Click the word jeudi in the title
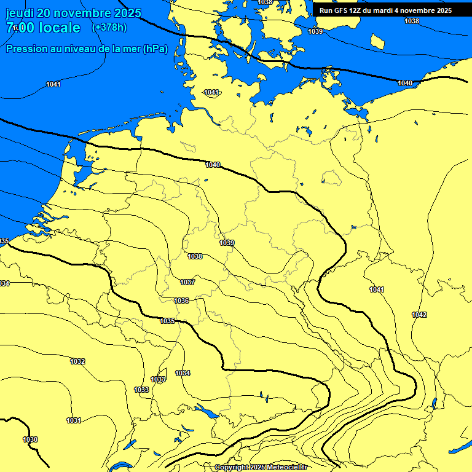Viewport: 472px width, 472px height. [19, 14]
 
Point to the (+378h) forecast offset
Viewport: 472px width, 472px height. [109, 28]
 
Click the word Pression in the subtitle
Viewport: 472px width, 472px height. [25, 49]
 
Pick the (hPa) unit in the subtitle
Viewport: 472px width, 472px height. [155, 49]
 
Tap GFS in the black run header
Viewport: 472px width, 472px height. [342, 10]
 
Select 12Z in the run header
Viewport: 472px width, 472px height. [358, 10]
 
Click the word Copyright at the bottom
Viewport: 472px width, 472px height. [232, 468]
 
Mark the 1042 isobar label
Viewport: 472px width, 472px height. [419, 315]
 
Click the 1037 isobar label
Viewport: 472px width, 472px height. [187, 282]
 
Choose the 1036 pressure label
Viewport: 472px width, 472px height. [181, 301]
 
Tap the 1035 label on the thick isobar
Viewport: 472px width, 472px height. [167, 321]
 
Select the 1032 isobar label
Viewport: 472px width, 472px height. [77, 361]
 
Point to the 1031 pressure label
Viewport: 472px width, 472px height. [74, 420]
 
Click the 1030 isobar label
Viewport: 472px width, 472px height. [29, 439]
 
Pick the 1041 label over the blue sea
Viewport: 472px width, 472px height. [53, 84]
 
